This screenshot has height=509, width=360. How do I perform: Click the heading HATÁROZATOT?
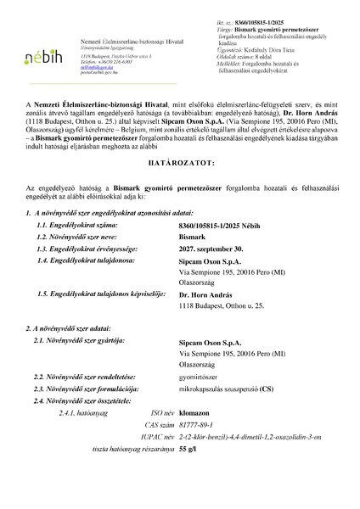click(179, 183)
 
